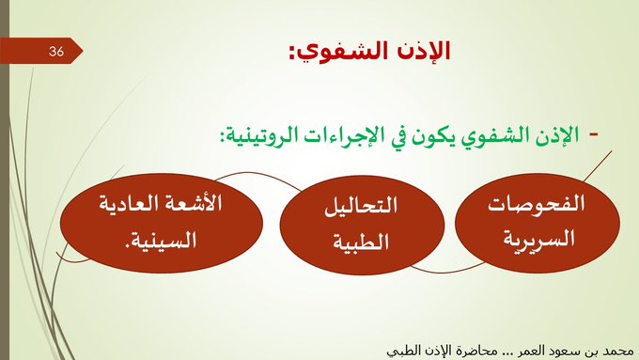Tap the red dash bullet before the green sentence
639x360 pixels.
coord(592,134)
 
